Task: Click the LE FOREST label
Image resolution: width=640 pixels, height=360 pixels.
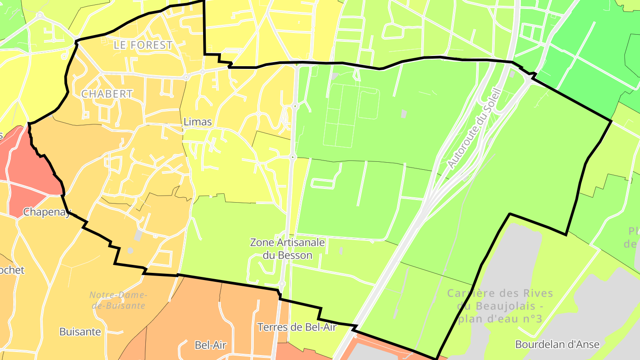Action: point(143,45)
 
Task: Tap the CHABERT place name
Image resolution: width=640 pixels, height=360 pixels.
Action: point(107,94)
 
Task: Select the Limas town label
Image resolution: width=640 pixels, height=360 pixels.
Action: point(197,122)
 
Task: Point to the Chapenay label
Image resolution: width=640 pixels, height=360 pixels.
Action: point(47,212)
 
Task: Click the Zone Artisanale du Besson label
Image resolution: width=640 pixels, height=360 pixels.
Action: point(287,249)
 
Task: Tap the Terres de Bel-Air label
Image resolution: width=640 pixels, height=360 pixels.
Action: point(297,328)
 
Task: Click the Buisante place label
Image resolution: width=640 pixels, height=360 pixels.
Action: point(80,332)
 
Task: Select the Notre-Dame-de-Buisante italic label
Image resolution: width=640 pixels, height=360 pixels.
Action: point(118,300)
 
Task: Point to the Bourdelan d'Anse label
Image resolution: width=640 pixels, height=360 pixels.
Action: point(557,344)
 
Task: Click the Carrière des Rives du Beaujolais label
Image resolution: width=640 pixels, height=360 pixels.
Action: point(500,306)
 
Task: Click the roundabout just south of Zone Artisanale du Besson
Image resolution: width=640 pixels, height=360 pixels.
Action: point(282,284)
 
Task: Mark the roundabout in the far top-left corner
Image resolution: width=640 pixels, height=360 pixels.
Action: point(40,16)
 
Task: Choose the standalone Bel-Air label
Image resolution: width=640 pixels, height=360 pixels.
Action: point(211,345)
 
